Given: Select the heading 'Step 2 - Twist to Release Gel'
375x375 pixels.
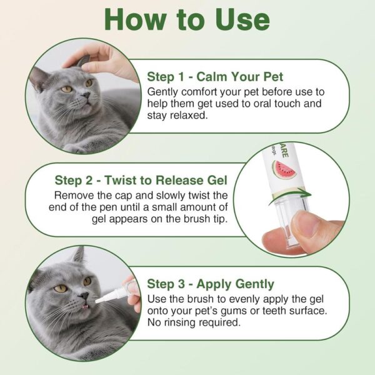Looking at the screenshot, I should click(141, 181).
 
